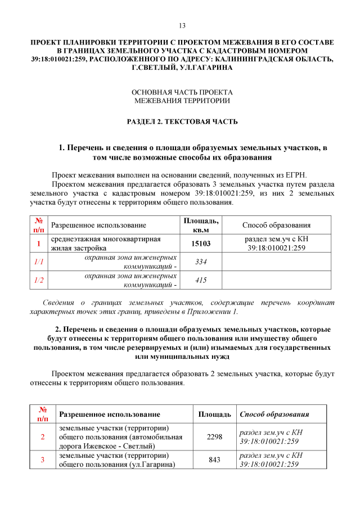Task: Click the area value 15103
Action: click(x=201, y=244)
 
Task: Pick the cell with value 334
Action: click(x=201, y=262)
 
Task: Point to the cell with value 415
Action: click(x=201, y=280)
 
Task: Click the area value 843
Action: click(x=214, y=460)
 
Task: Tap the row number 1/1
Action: click(x=38, y=262)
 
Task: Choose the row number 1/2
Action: click(x=38, y=280)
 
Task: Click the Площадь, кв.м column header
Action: click(x=201, y=225)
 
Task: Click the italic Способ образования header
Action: click(x=274, y=415)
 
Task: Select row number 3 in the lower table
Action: click(x=42, y=460)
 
